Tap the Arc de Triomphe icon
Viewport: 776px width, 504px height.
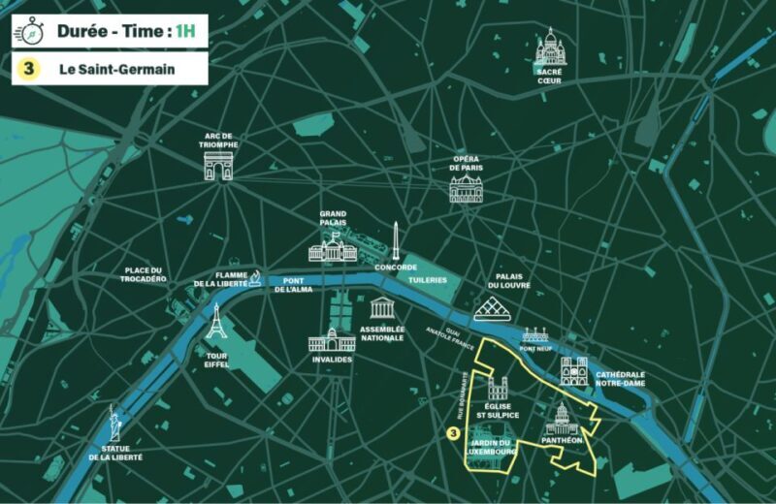point(218,166)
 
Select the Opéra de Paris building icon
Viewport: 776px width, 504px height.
point(466,188)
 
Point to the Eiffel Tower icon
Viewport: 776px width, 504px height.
point(216,322)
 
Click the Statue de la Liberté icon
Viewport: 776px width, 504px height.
point(114,424)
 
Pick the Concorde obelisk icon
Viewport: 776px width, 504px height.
point(396,240)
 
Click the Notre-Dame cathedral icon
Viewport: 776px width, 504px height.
point(573,372)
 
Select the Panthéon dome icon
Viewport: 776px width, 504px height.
point(562,420)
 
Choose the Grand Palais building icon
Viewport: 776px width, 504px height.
point(333,247)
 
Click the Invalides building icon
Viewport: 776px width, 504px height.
point(332,341)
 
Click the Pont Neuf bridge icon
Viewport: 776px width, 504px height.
point(535,335)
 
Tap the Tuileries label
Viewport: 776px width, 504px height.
point(427,280)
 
